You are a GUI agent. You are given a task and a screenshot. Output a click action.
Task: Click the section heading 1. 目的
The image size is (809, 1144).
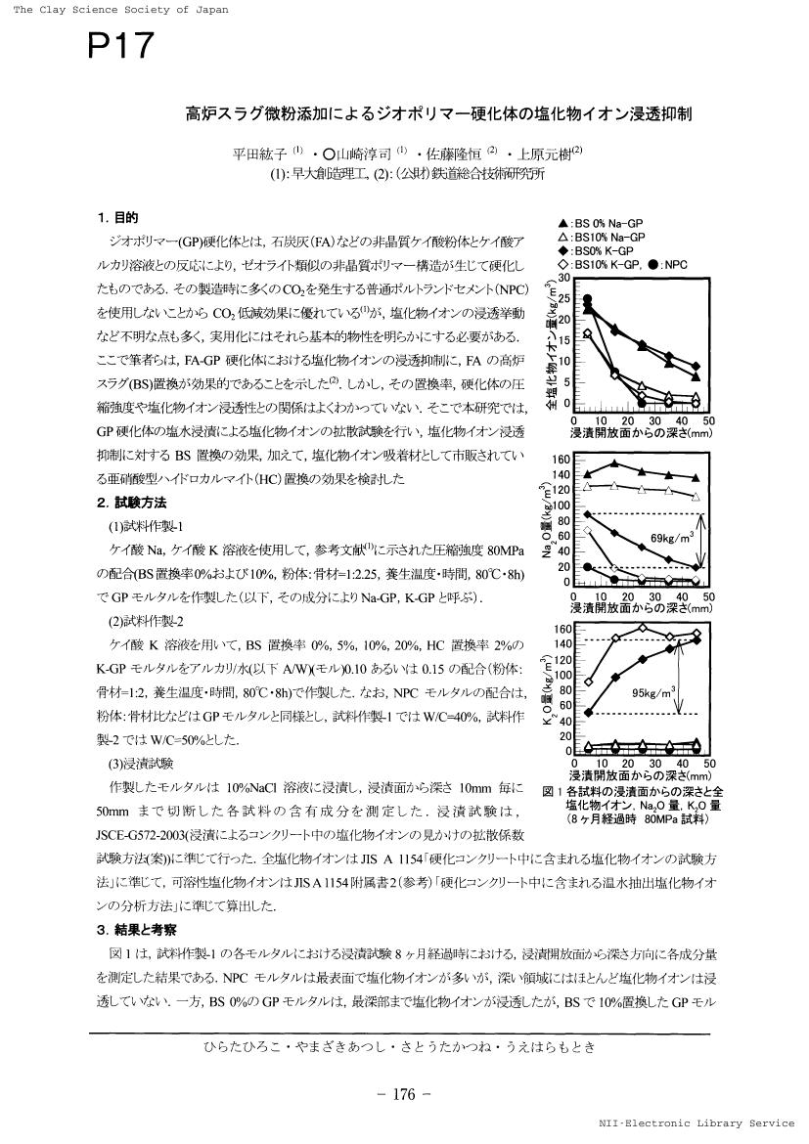click(x=117, y=217)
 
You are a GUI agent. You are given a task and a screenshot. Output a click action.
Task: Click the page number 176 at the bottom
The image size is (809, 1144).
click(x=404, y=1094)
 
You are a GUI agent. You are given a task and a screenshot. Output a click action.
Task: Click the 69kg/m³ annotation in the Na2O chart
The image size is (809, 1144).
click(x=672, y=537)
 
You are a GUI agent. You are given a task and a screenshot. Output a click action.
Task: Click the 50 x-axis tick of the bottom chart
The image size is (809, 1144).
click(x=709, y=764)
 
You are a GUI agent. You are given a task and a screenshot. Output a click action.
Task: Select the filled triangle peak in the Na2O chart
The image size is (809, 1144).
click(x=613, y=463)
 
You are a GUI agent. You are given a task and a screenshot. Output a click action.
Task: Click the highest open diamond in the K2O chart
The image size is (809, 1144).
click(x=642, y=628)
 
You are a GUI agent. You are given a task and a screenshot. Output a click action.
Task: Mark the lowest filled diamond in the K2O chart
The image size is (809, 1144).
click(x=588, y=712)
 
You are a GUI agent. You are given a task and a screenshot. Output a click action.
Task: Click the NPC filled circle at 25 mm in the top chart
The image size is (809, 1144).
click(x=641, y=403)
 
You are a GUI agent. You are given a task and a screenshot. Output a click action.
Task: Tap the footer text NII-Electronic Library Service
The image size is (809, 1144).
click(x=701, y=1123)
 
